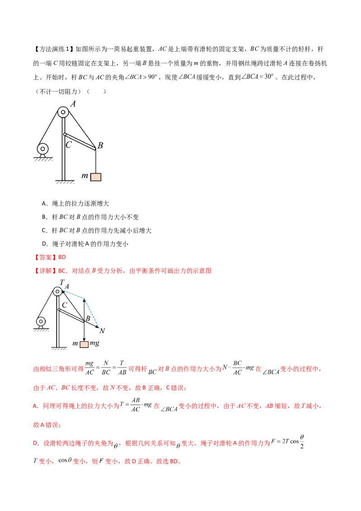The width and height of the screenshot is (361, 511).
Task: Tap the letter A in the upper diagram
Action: pyautogui.click(x=73, y=104)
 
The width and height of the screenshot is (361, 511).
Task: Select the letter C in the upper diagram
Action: pyautogui.click(x=68, y=145)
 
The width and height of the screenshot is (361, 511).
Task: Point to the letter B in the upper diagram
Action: pyautogui.click(x=100, y=145)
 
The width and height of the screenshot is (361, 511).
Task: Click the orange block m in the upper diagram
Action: pyautogui.click(x=96, y=177)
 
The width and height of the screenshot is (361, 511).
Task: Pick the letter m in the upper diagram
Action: pyautogui.click(x=84, y=176)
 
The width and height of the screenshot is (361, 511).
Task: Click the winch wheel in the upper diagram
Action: pyautogui.click(x=43, y=149)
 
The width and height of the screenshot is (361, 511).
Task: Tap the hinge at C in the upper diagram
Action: pyautogui.click(x=65, y=134)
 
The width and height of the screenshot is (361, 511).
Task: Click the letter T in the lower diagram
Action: pyautogui.click(x=62, y=282)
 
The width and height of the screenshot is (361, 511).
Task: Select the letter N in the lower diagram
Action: pyautogui.click(x=102, y=331)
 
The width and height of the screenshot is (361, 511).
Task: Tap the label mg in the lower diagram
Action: pyautogui.click(x=94, y=344)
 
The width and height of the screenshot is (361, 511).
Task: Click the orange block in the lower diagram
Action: pyautogui.click(x=84, y=344)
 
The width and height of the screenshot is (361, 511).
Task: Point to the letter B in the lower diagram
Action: pyautogui.click(x=88, y=318)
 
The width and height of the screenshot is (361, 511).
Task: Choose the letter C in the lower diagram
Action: pyautogui.click(x=65, y=305)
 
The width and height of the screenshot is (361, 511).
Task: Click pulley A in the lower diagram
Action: pyautogui.click(x=57, y=292)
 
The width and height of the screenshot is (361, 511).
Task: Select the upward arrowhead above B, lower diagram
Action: pyautogui.click(x=84, y=300)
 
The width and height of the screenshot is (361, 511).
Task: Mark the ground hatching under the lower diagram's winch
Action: pyautogui.click(x=41, y=330)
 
